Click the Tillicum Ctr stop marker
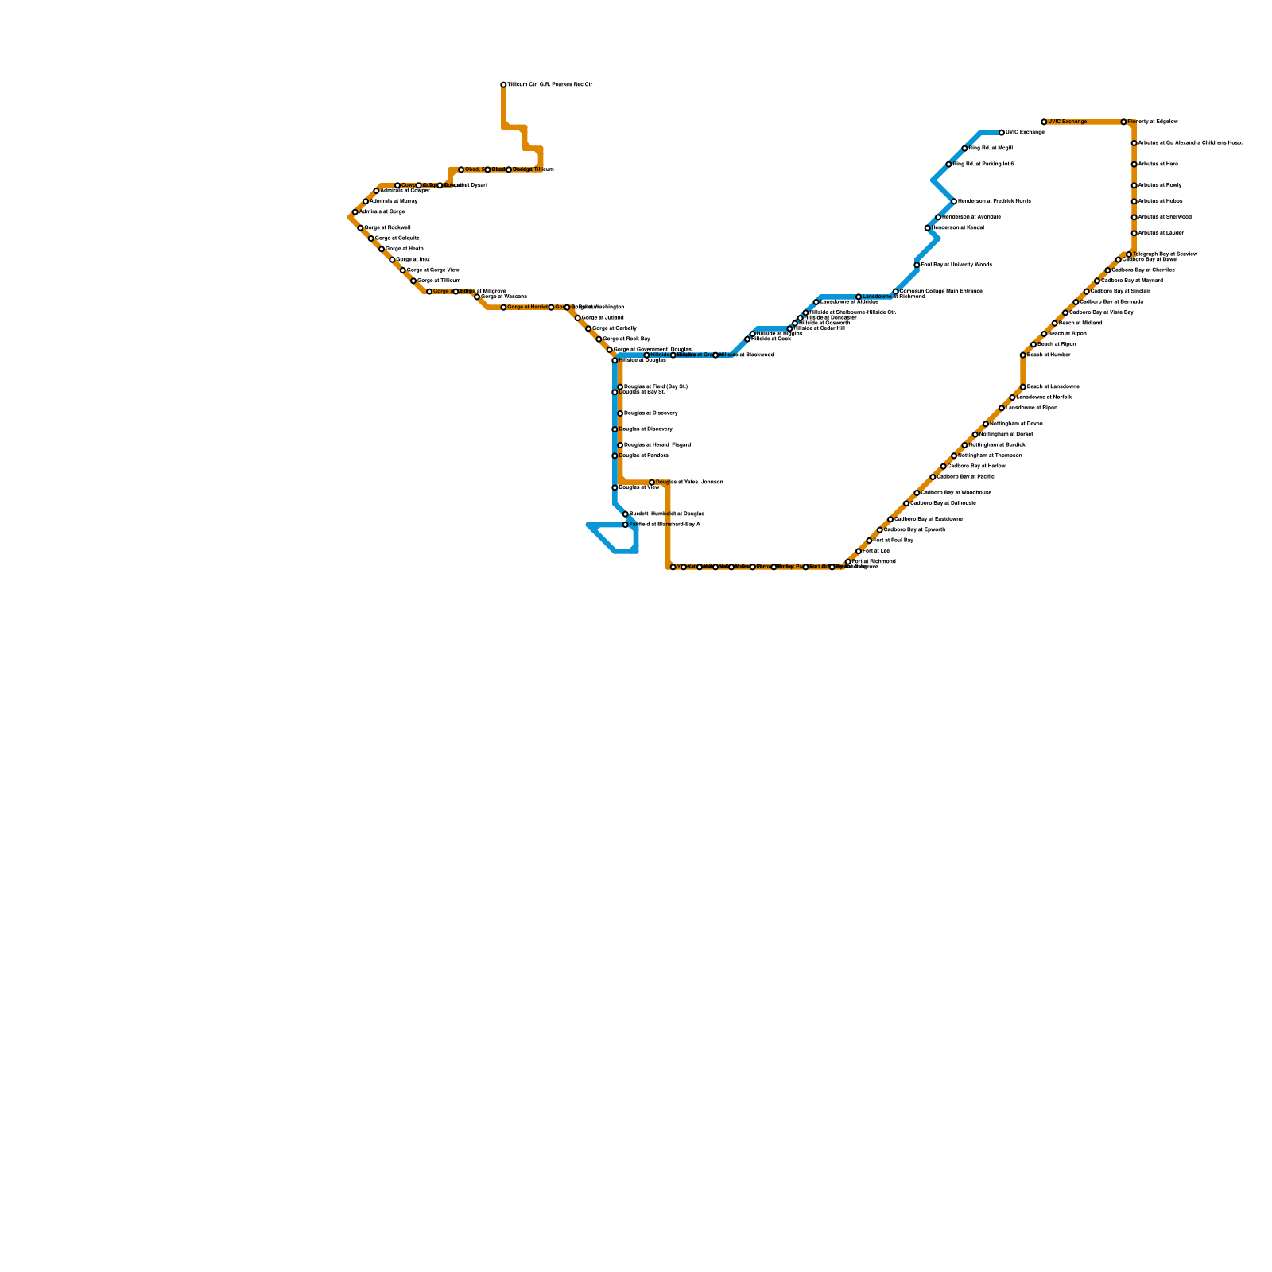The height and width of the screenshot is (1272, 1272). tap(503, 85)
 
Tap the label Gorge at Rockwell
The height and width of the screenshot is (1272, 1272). tap(387, 228)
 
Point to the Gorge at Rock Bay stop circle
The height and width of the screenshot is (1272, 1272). tap(599, 339)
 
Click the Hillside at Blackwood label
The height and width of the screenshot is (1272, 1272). tap(747, 355)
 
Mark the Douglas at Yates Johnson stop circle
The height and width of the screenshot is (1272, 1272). tap(652, 483)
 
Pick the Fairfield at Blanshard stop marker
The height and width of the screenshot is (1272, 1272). tap(626, 525)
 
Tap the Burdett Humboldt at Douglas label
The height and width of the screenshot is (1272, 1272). tap(666, 514)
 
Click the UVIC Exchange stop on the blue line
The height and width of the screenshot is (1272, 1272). tap(1002, 133)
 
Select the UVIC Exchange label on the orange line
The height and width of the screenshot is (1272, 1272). tap(1067, 122)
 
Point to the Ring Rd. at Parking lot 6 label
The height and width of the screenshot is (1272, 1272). tap(983, 165)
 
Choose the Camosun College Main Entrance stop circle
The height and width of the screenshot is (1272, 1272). tap(896, 292)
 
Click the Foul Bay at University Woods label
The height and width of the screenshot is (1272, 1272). tap(956, 265)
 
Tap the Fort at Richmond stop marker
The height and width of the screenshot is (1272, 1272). tap(848, 562)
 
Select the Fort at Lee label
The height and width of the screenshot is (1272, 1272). tap(876, 551)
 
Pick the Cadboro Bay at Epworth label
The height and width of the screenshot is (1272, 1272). tap(914, 530)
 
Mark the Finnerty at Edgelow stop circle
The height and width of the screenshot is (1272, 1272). tap(1123, 122)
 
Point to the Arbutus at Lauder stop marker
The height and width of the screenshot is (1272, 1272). tap(1134, 234)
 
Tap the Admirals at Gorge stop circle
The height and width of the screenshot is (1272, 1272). tap(355, 212)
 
